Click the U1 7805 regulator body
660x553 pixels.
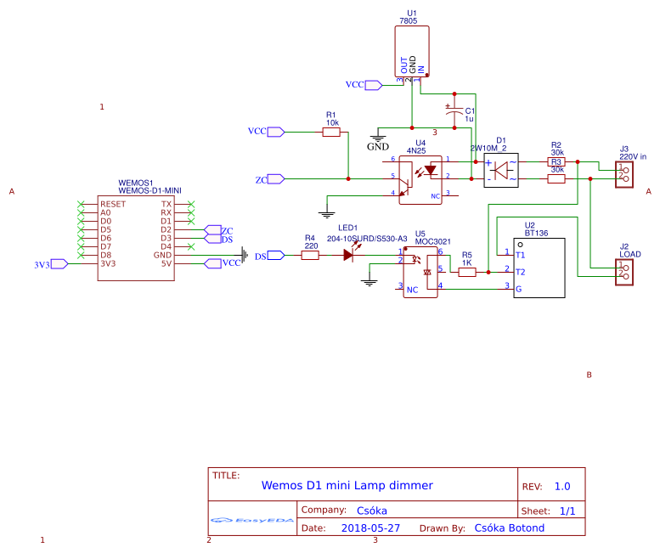pos(412,51)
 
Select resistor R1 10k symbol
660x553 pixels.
pos(331,133)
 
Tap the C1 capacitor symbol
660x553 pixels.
pos(454,110)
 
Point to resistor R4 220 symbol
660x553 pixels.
pos(310,255)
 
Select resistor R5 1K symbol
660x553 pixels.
pos(467,272)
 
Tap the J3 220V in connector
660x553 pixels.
pos(624,172)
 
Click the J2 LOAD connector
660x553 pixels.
pos(624,271)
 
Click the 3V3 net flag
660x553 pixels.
pos(58,264)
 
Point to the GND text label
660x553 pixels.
pos(377,146)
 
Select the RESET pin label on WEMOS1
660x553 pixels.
pos(113,205)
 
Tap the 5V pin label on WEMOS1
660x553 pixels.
pos(166,263)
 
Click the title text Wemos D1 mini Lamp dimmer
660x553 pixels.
pos(347,486)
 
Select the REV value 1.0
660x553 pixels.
pos(562,487)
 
